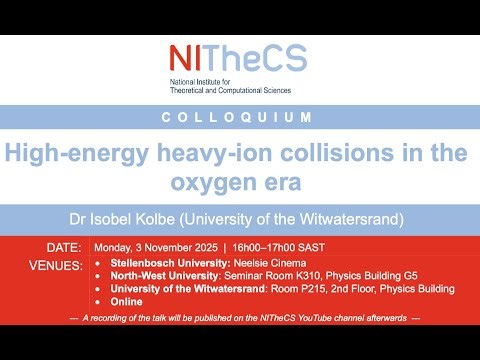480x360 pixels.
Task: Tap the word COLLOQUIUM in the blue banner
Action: (x=239, y=118)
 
